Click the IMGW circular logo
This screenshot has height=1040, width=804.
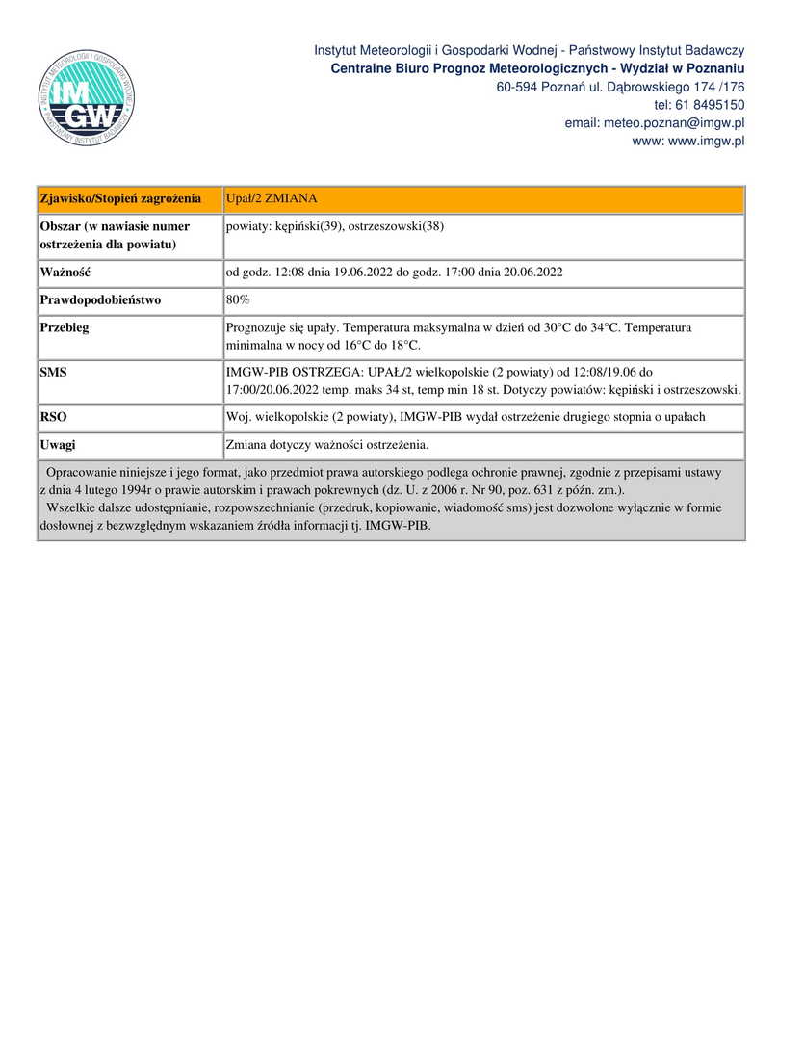(86, 97)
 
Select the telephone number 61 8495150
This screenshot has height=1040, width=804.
(712, 105)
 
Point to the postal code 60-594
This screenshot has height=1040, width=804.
(517, 87)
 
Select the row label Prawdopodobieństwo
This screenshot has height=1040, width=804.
(100, 299)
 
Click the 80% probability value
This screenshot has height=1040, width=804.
(238, 299)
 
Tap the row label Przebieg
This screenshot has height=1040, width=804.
(65, 327)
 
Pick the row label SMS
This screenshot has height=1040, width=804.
(54, 371)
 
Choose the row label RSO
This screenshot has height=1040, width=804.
(54, 417)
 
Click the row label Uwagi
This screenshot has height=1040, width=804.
(58, 445)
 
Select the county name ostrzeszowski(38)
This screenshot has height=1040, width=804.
(396, 226)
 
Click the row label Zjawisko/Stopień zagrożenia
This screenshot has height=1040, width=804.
(120, 198)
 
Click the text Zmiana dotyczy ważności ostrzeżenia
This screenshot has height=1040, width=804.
(326, 445)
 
